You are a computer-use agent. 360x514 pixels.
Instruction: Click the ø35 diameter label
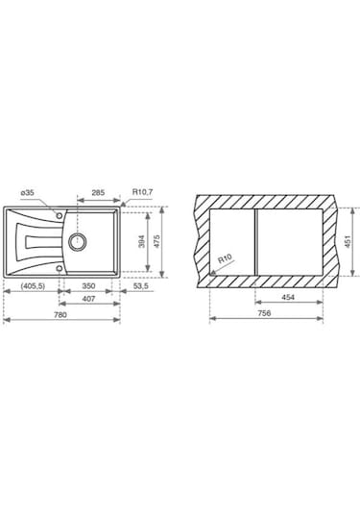click(x=28, y=193)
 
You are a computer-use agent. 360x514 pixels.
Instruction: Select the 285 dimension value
click(x=98, y=192)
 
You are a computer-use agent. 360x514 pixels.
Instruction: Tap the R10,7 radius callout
click(x=142, y=192)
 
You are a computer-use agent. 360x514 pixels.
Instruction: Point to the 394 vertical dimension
click(x=141, y=241)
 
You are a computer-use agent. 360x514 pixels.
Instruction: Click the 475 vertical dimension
click(x=156, y=241)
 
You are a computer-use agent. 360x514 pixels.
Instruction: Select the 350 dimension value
click(x=88, y=286)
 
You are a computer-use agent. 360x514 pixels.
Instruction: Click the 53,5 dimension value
click(x=141, y=286)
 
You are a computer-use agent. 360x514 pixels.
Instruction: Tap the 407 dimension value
click(x=88, y=299)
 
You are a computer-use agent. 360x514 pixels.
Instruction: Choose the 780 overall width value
click(x=60, y=315)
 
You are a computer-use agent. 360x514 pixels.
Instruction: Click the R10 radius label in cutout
click(x=225, y=258)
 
